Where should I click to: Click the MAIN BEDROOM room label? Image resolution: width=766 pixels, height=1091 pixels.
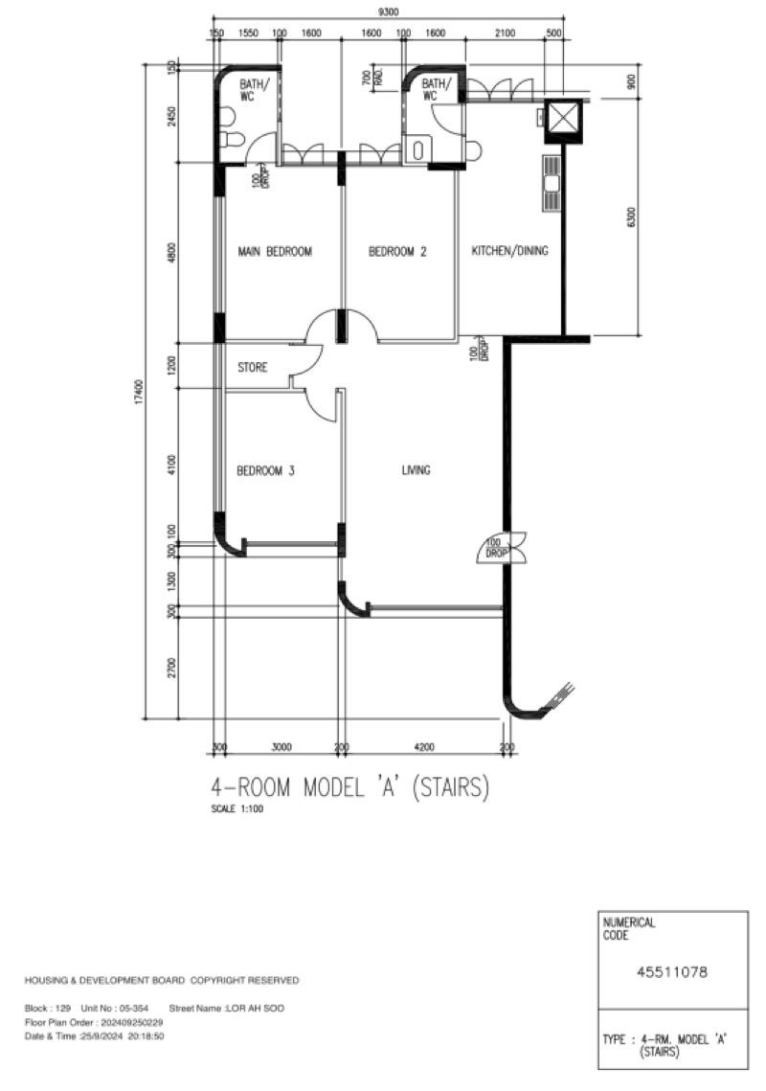tap(275, 251)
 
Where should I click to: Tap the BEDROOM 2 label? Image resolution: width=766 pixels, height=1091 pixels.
tap(397, 251)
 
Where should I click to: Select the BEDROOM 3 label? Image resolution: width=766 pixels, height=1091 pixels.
tap(266, 471)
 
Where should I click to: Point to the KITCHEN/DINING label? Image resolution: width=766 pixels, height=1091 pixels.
tap(510, 251)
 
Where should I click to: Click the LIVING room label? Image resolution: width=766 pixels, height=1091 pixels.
tap(417, 470)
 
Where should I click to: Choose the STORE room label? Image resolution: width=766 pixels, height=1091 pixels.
tap(253, 367)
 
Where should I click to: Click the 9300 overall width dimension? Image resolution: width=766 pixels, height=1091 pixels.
tap(388, 11)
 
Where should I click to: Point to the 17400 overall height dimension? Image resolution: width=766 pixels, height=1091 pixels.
tap(139, 391)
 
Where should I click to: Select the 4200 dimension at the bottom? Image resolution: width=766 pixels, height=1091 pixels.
tap(424, 747)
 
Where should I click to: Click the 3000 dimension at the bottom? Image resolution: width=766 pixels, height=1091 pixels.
tap(282, 747)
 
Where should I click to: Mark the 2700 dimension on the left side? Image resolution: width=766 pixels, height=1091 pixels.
tap(172, 667)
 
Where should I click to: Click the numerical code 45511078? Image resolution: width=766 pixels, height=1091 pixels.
tap(672, 971)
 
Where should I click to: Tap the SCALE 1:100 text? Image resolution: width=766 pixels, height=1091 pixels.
tap(237, 808)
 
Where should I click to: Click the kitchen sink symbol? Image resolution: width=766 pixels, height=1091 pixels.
tap(552, 183)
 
